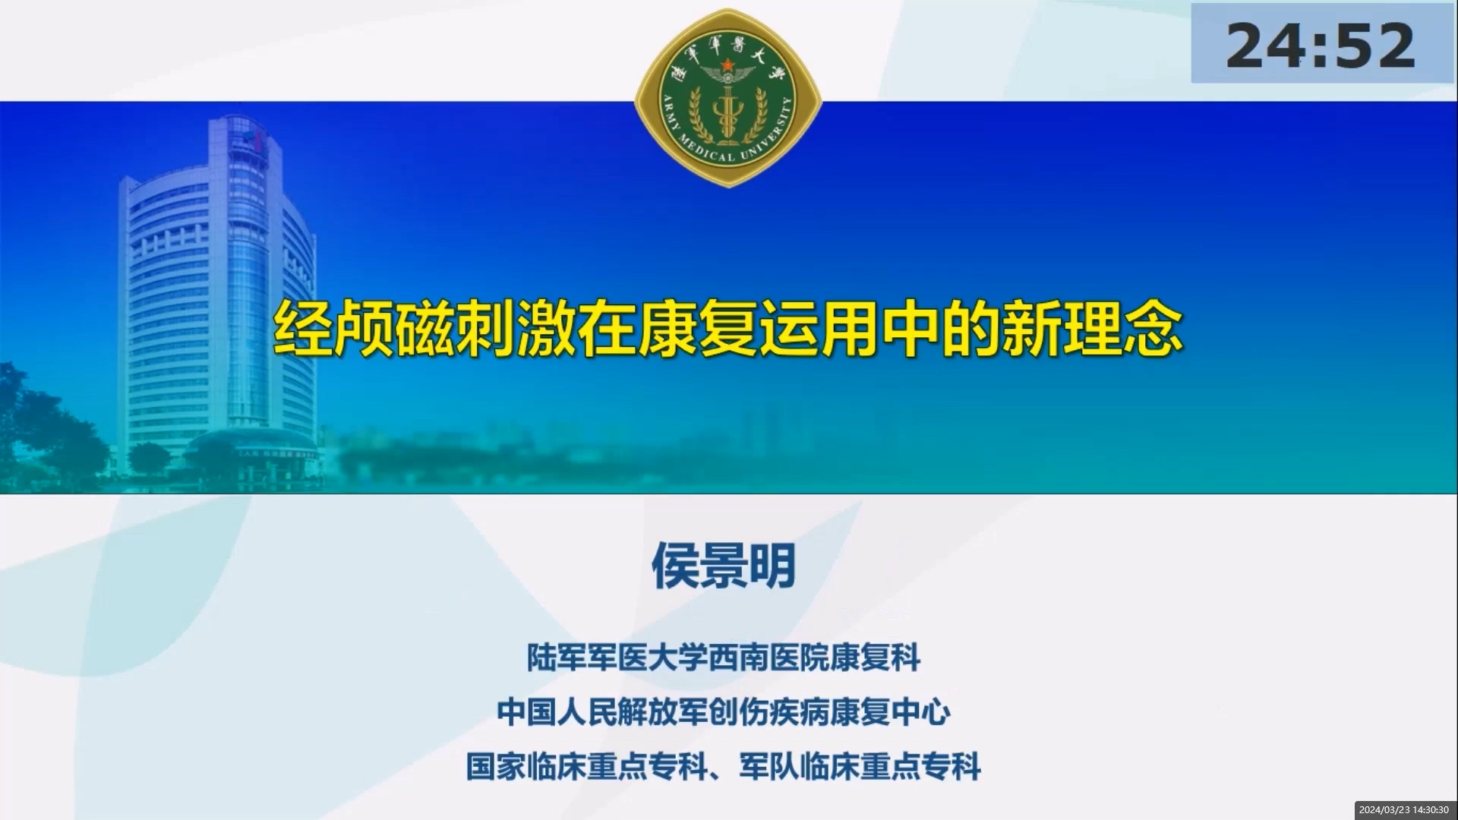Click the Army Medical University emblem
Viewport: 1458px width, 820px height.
pos(727,98)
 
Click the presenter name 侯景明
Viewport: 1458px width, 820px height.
pos(724,566)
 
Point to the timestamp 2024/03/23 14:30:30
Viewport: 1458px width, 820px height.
pos(1403,810)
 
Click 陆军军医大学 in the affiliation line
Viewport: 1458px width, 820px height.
pos(617,658)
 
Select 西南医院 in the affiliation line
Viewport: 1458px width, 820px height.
pos(768,658)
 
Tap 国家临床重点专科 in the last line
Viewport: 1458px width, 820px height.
pos(587,767)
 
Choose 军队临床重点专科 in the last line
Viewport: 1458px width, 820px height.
pos(860,767)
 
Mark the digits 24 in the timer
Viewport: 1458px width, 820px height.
pos(1267,46)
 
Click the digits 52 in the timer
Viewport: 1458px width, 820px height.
pos(1375,46)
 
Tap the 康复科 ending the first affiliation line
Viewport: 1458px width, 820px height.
pos(875,658)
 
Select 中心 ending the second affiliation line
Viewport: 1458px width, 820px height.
pos(920,712)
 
